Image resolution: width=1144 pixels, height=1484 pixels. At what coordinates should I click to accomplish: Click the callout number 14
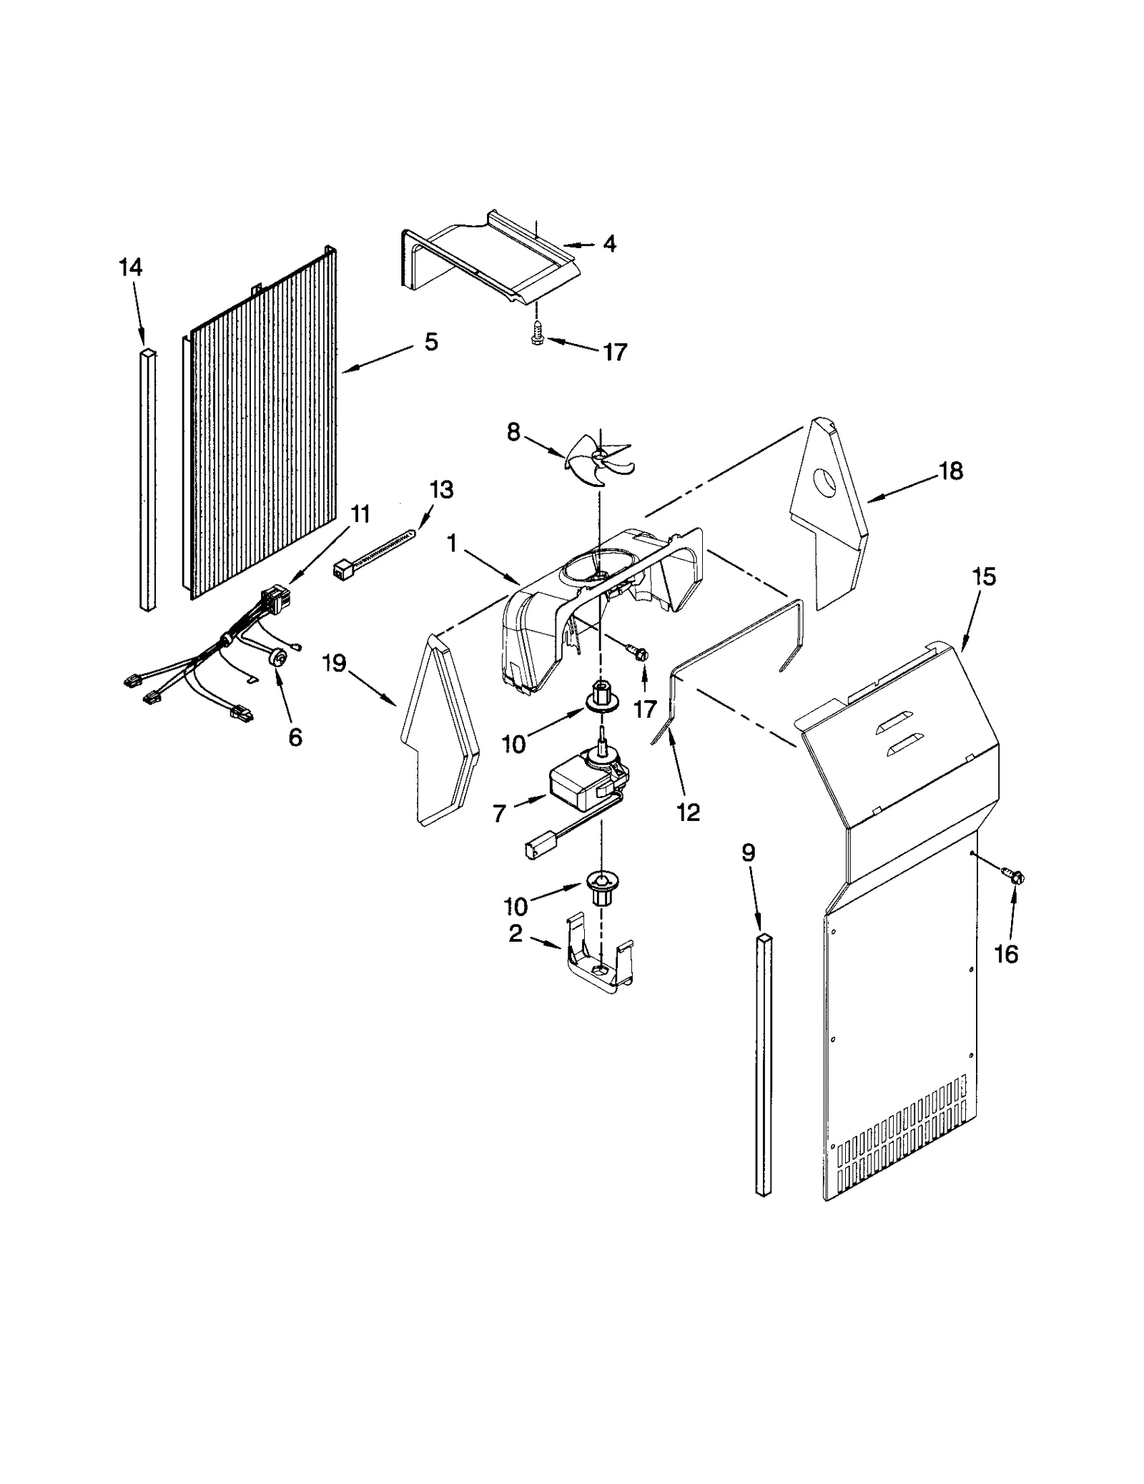click(130, 267)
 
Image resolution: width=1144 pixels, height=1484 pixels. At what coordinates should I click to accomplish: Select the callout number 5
click(430, 342)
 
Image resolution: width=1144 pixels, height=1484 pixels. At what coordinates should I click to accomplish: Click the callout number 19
click(334, 664)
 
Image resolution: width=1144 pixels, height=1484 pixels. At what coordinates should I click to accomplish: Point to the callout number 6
click(295, 737)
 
